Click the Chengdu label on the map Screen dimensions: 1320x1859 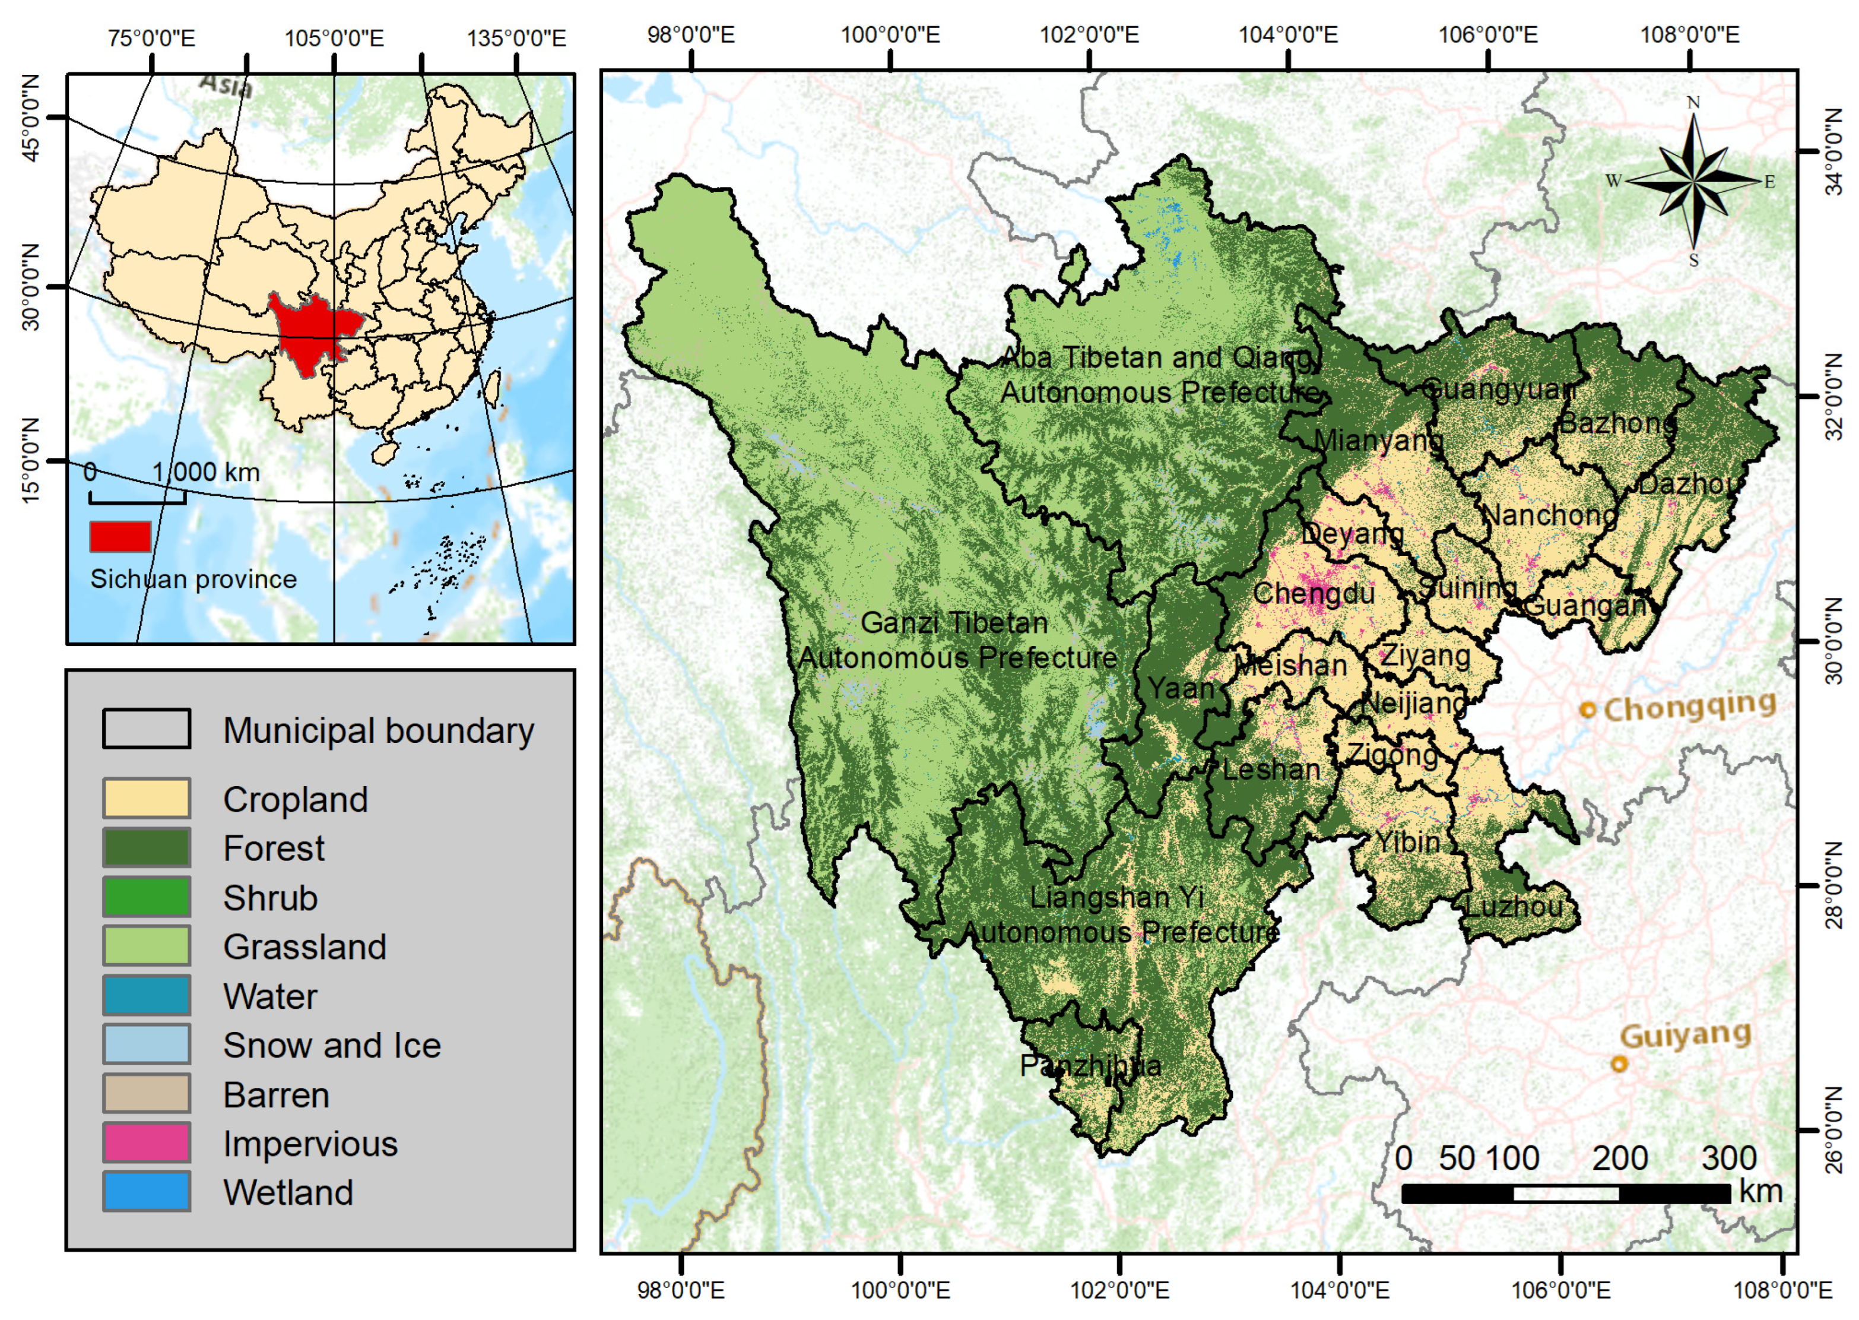click(1313, 593)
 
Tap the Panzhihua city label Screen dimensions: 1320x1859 click(1090, 1066)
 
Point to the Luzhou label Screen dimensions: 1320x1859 click(1513, 906)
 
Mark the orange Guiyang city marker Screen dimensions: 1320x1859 click(1619, 1063)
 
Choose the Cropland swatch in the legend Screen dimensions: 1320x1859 click(146, 798)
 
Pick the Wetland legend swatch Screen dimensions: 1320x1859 click(146, 1192)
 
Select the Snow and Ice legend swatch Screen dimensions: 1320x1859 click(146, 1044)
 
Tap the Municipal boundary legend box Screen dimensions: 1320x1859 click(146, 728)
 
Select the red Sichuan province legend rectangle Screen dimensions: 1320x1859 click(120, 536)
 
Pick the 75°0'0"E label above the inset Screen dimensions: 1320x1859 click(152, 38)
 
